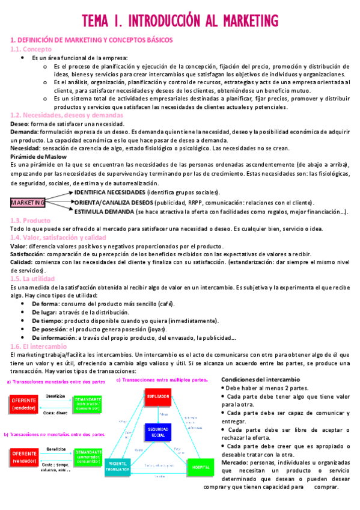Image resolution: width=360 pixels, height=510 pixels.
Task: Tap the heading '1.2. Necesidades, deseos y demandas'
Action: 58,115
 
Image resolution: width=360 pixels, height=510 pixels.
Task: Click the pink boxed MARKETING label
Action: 28,203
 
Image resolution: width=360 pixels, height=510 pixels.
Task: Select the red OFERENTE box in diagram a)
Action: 24,404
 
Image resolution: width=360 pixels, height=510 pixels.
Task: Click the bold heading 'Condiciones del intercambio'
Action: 260,380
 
